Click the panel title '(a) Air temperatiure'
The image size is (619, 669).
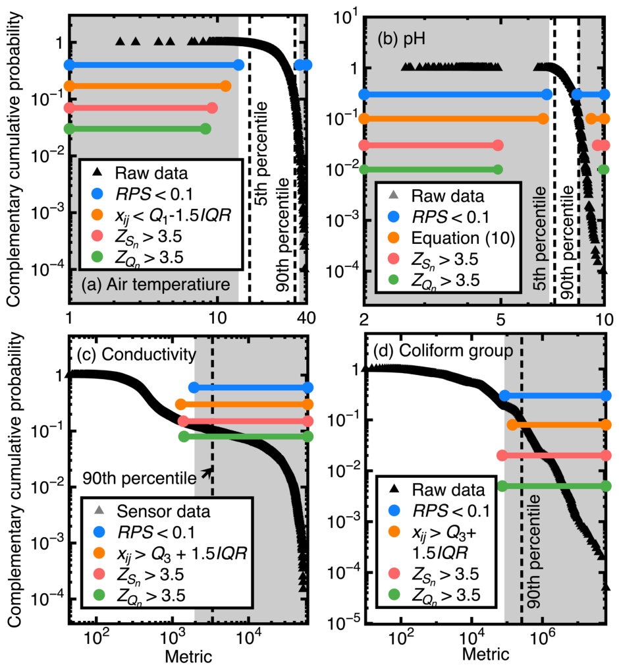click(x=155, y=284)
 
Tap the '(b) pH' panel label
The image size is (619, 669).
click(x=401, y=40)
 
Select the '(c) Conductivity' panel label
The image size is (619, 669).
click(x=136, y=354)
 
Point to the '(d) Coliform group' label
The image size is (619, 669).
click(x=443, y=351)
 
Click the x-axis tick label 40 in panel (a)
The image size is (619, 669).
click(x=306, y=318)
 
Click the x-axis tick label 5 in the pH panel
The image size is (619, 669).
click(x=501, y=319)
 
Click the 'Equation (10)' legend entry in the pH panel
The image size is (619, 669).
click(x=464, y=238)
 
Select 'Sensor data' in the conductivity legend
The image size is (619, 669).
click(x=163, y=511)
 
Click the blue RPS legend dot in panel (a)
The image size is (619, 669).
click(x=97, y=194)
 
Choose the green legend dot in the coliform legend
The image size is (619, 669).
click(x=394, y=595)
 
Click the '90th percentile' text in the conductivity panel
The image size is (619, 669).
click(x=140, y=479)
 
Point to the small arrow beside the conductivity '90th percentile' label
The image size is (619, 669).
click(x=207, y=473)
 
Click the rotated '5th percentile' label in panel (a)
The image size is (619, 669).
click(x=261, y=154)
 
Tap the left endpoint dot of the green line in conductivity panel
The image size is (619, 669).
click(x=184, y=436)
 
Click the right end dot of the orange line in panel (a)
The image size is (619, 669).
click(x=226, y=86)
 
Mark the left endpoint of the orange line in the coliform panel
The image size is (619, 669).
click(x=512, y=424)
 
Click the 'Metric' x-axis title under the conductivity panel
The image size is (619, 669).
click(x=188, y=656)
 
